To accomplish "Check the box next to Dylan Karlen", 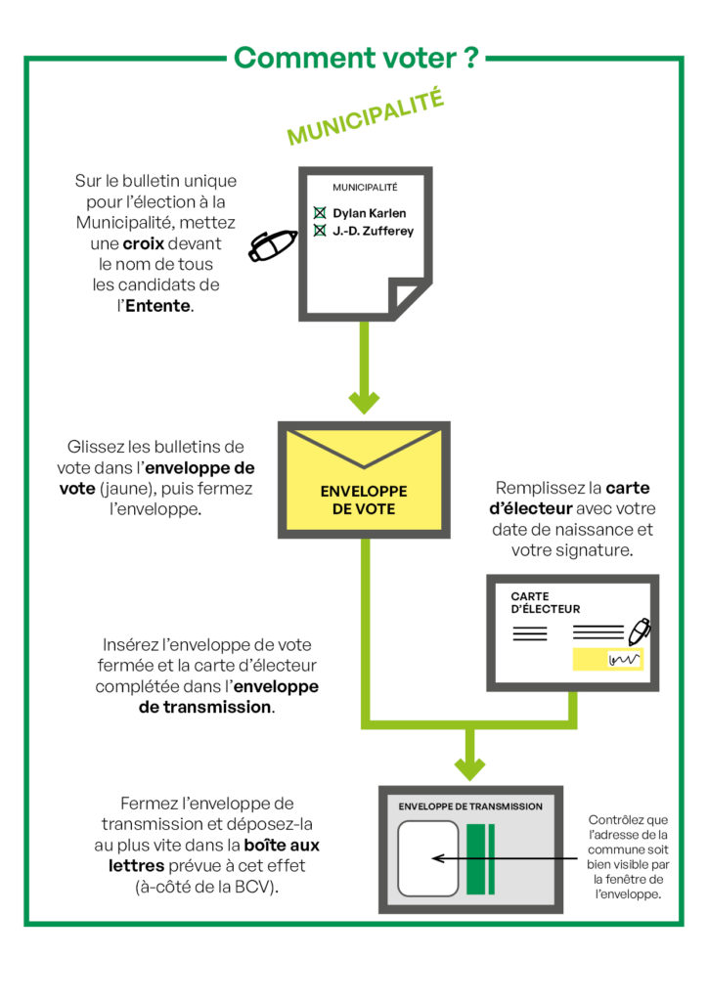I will click(x=319, y=212).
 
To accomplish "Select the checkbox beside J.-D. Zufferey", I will click(x=319, y=231).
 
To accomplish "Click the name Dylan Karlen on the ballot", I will click(x=369, y=212).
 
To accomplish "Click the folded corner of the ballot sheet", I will click(x=406, y=294).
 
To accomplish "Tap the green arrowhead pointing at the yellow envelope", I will click(x=364, y=400).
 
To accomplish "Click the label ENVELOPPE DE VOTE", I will click(x=364, y=500).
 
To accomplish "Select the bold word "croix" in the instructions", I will click(x=144, y=242).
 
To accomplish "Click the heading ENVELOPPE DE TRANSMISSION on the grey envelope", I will click(x=470, y=806).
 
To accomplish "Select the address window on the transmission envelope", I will click(x=428, y=858).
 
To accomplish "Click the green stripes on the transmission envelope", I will click(x=480, y=858).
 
